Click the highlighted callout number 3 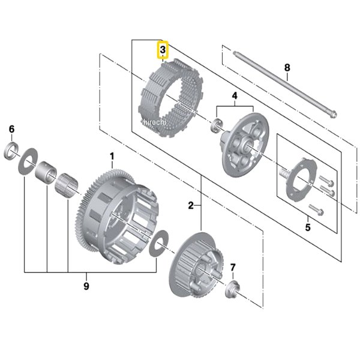pos(163,50)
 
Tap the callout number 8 pos(287,67)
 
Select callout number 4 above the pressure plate pos(234,96)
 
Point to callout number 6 pos(12,129)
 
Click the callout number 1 pos(112,157)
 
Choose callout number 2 pos(191,205)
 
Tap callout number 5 pos(308,227)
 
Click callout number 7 pos(233,267)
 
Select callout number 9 pos(86,286)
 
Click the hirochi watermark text pos(154,122)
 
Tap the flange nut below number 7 pos(232,289)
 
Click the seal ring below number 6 pos(11,151)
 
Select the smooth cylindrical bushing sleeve pos(46,173)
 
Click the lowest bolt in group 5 pos(316,210)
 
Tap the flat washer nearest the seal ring pos(28,161)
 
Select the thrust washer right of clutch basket pos(158,244)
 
